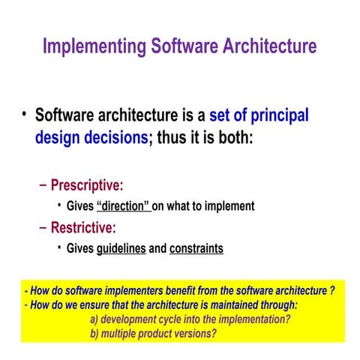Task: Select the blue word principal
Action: coord(273,116)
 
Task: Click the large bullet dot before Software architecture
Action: coord(24,115)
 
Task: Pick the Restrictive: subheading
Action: coord(83,227)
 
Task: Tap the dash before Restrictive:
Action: coord(42,227)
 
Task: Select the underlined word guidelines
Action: coord(121,248)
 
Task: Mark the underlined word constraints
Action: coord(196,248)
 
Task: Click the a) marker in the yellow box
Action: coord(94,319)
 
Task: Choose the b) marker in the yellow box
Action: coord(94,332)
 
